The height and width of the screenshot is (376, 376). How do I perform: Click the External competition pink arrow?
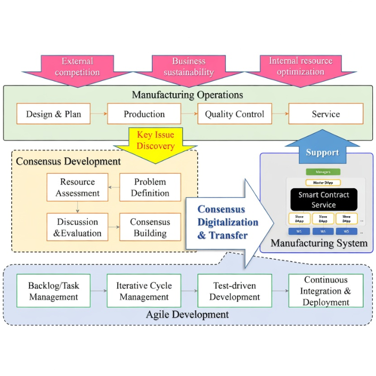[77, 68]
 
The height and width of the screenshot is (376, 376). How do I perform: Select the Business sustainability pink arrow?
[189, 68]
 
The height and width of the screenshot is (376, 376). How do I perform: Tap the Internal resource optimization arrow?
[300, 67]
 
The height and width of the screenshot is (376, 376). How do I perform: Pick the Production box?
[144, 114]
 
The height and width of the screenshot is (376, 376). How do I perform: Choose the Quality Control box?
[234, 114]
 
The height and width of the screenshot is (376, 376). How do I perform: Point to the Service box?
[325, 114]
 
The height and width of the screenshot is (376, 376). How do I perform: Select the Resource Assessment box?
[77, 187]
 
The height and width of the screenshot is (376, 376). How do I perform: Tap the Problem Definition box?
[150, 187]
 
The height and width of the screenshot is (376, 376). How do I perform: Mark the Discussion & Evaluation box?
[77, 227]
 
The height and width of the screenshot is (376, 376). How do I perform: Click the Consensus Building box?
[150, 227]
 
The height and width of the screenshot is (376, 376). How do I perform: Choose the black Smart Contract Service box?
[323, 200]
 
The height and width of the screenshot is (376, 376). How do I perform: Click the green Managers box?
[323, 172]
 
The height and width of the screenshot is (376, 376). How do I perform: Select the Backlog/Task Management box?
[53, 291]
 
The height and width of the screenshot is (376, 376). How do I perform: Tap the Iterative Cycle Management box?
[144, 291]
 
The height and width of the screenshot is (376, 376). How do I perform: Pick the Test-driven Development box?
[234, 291]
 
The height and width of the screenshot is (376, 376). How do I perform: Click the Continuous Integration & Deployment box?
[325, 291]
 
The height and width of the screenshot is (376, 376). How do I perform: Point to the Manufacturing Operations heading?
[187, 95]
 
